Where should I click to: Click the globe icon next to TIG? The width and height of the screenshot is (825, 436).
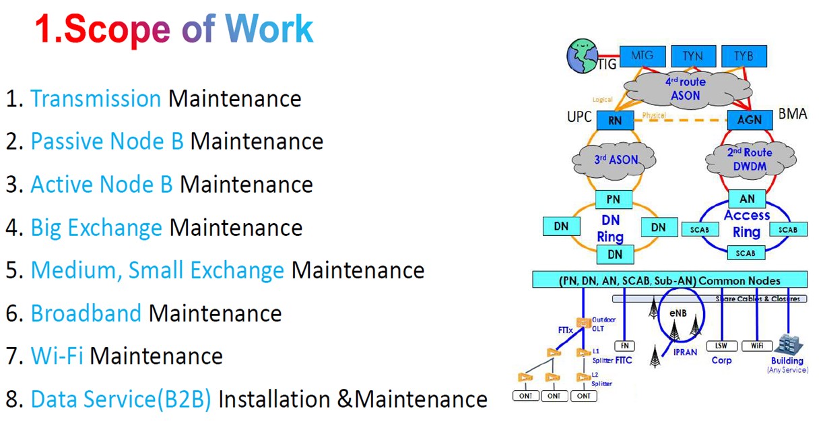(582, 55)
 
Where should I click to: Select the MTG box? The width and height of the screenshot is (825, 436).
(642, 56)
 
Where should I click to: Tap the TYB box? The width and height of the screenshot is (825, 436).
(743, 56)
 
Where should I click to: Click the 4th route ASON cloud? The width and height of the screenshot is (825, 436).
(686, 88)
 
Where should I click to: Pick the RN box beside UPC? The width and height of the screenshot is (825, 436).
(615, 121)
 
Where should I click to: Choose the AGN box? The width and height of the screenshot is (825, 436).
(750, 120)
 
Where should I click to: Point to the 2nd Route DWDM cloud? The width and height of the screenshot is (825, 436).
(749, 160)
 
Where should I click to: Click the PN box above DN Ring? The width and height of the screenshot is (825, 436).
(613, 199)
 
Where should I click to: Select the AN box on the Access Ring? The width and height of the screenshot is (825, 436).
(747, 199)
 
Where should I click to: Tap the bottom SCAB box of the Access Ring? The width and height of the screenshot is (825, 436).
(746, 253)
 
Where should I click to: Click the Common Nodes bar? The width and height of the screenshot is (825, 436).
(669, 280)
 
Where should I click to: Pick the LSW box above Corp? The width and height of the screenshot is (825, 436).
(721, 346)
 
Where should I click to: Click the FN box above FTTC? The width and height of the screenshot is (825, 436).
(624, 346)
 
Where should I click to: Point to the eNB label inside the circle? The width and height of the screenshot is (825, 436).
(678, 313)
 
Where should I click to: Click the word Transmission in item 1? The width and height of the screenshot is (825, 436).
(96, 99)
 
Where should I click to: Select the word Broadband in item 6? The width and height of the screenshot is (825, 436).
(86, 313)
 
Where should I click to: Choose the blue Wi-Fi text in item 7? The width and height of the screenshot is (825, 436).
(57, 356)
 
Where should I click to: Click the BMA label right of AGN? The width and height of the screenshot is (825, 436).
(792, 114)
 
